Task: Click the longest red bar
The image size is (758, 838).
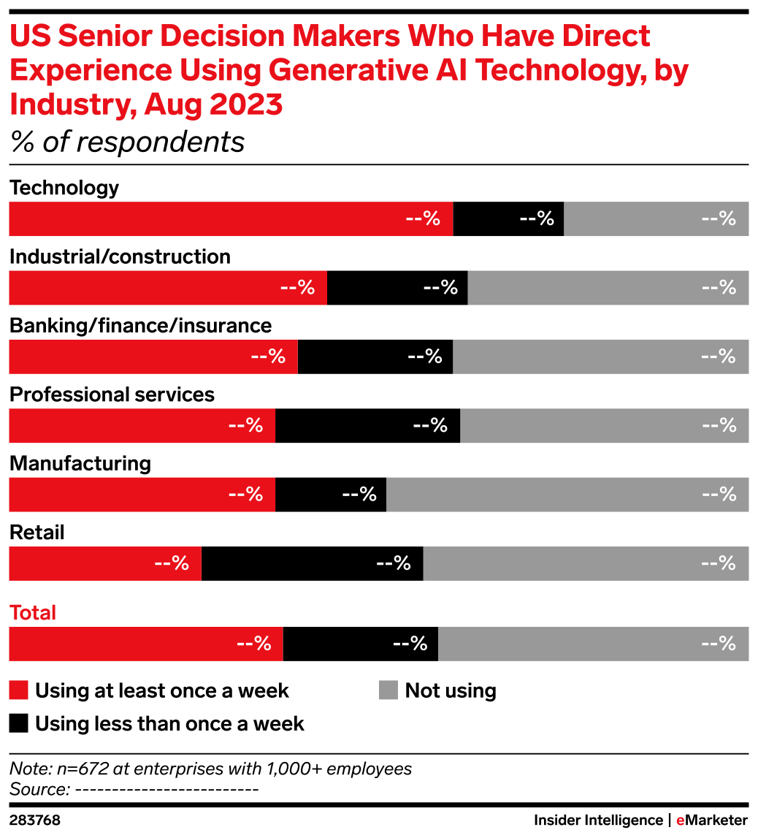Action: [231, 219]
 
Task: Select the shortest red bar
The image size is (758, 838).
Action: [105, 563]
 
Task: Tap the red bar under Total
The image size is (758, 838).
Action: [145, 644]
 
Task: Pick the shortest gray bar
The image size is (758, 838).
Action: [656, 219]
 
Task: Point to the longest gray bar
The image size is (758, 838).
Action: [567, 495]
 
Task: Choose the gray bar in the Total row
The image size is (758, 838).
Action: [594, 644]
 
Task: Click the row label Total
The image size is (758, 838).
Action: [33, 614]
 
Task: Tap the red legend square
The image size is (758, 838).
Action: [18, 690]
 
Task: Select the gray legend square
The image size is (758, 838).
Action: [388, 690]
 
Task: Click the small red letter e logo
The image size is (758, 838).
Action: [680, 821]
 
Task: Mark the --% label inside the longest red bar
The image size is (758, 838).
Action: [423, 219]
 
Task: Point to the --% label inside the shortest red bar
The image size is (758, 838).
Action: [172, 563]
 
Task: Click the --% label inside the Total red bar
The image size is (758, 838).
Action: [253, 644]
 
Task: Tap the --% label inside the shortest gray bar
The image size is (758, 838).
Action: [719, 219]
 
